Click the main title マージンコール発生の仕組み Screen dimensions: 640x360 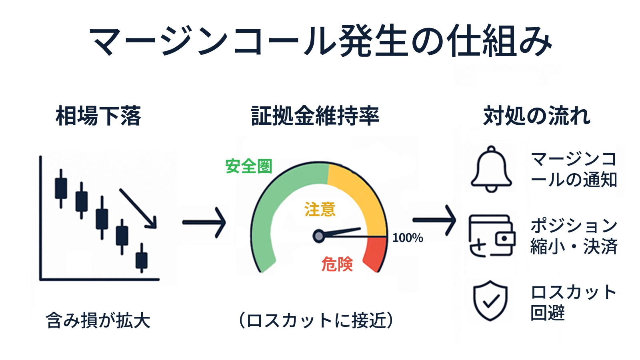coord(320,41)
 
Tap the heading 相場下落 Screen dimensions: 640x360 coord(98,116)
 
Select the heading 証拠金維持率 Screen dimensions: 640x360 coord(315,116)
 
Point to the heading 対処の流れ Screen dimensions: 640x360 coord(537,116)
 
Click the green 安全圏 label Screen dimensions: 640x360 coord(248,166)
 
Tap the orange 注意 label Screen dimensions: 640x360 coord(320,209)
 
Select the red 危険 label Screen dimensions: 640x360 coord(337,264)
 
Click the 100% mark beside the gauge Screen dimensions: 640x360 coord(408,238)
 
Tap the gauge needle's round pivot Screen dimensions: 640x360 coord(318,236)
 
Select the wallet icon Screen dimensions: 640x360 coord(492,236)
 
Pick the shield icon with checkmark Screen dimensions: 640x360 coord(490,300)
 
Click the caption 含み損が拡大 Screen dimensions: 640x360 coord(98,320)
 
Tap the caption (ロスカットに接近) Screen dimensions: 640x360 coord(316,320)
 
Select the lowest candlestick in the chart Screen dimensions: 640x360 coord(142,258)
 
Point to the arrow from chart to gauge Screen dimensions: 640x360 coord(204,222)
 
